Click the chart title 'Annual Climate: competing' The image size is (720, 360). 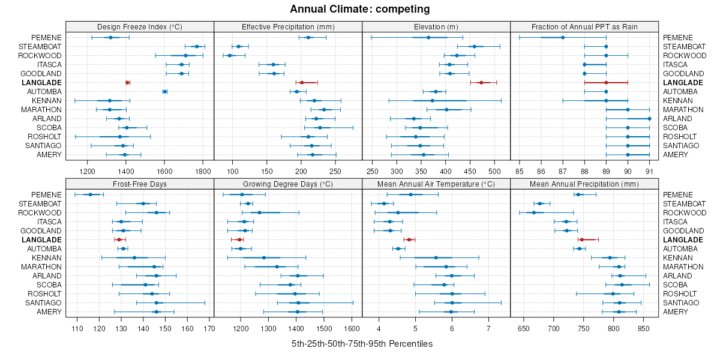(x=360, y=9)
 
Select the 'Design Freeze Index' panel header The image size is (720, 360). (x=140, y=26)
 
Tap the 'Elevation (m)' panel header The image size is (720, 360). (x=436, y=26)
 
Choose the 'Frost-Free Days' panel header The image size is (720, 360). (x=140, y=184)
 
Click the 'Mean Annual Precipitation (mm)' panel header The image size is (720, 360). (x=584, y=184)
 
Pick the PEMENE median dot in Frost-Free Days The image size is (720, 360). (x=91, y=194)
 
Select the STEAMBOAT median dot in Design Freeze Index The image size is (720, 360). (x=196, y=46)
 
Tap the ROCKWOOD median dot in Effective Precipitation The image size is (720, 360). (x=230, y=55)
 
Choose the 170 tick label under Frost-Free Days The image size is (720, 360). (x=209, y=328)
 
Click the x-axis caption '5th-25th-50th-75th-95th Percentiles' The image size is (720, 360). (x=362, y=344)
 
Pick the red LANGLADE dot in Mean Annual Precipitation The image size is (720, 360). (x=581, y=239)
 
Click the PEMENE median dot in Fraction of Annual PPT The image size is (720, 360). (x=562, y=37)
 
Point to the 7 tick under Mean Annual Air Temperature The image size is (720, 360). (x=488, y=328)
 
